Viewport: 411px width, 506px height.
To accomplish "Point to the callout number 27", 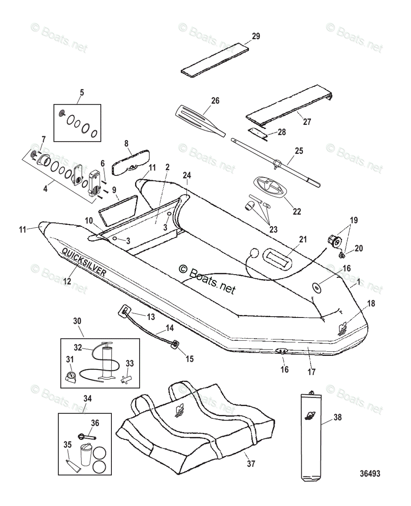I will coord(307,122).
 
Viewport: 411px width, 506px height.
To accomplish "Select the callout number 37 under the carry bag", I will coord(251,464).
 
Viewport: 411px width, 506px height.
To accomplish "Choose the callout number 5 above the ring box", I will coord(82,92).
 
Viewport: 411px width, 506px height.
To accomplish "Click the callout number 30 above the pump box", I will coord(77,321).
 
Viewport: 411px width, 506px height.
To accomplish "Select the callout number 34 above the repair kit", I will coord(87,398).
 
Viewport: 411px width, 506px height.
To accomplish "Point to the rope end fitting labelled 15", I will coord(174,345).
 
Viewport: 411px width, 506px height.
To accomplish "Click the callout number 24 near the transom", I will coord(187,175).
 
